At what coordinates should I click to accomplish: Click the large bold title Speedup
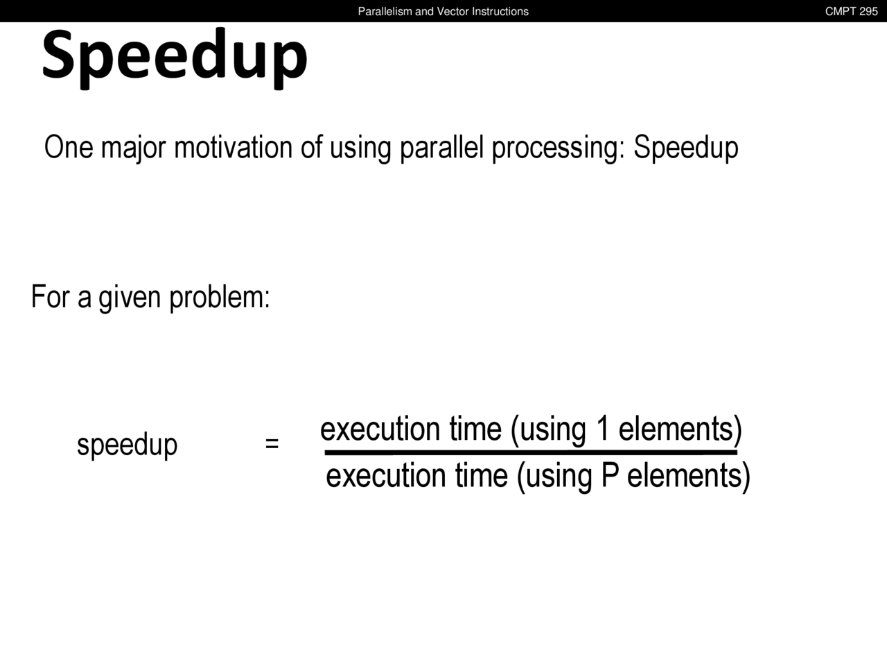[175, 57]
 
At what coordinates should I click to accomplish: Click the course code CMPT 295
[851, 11]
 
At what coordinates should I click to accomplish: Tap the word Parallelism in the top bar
[385, 11]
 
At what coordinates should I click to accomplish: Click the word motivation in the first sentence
[233, 147]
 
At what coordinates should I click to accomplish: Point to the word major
[133, 148]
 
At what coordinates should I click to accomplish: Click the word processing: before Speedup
[559, 148]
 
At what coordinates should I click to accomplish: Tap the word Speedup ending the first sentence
[686, 148]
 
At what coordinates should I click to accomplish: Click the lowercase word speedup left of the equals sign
[128, 445]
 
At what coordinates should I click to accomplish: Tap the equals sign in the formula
[272, 443]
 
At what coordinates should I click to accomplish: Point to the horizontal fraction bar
[531, 452]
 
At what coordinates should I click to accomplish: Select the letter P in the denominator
[611, 475]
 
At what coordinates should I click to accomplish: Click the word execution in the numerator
[380, 429]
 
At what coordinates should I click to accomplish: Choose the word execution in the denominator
[386, 475]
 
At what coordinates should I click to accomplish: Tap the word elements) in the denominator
[689, 477]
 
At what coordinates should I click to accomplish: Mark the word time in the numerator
[475, 429]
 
